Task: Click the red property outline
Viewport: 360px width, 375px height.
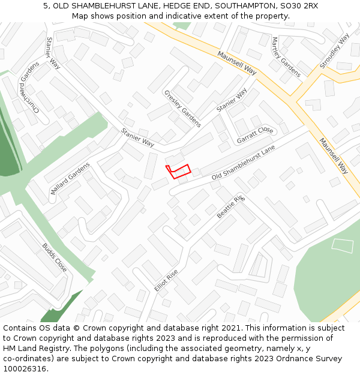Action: pyautogui.click(x=178, y=171)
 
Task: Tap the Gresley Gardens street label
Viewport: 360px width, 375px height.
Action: pyautogui.click(x=182, y=109)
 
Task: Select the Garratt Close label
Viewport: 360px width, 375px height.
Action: pyautogui.click(x=255, y=135)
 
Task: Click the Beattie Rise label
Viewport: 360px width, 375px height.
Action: pyautogui.click(x=231, y=206)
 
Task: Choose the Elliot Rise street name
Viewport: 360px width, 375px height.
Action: pyautogui.click(x=166, y=280)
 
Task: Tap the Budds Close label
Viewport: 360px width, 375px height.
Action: pyautogui.click(x=54, y=257)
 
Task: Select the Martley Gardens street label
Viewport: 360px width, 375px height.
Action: pyautogui.click(x=286, y=57)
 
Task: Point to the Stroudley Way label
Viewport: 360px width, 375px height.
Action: pyautogui.click(x=335, y=50)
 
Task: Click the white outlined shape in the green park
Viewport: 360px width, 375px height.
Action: pyautogui.click(x=343, y=245)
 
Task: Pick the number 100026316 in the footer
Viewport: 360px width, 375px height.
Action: pyautogui.click(x=24, y=369)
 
